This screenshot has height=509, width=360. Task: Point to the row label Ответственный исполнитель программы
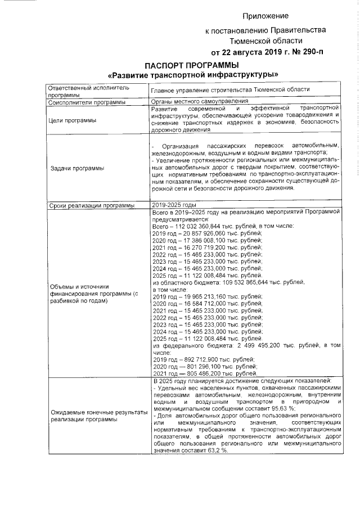88,92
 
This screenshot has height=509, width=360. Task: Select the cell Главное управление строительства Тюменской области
230,90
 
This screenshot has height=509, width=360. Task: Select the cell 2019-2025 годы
174,205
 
